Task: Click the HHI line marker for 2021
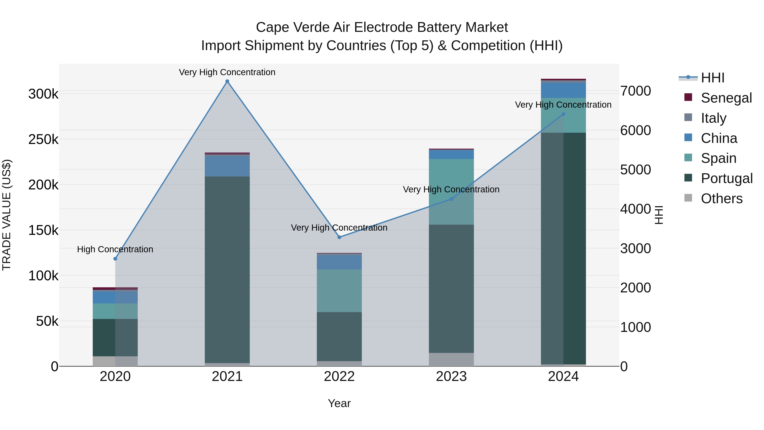point(227,81)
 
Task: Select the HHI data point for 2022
point(339,237)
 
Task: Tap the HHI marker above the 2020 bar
point(115,259)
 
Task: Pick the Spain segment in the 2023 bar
point(451,192)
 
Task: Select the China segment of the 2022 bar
point(339,262)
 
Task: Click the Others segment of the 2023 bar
point(451,359)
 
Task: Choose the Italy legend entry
point(713,118)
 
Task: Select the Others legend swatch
point(688,198)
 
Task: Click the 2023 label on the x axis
point(451,376)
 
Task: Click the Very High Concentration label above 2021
point(227,72)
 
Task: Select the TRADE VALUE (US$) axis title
point(7,215)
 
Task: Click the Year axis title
point(339,403)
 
